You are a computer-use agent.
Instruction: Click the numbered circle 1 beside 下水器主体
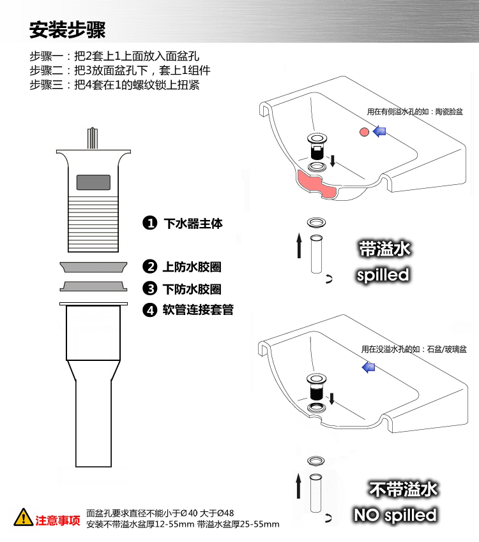click(149, 223)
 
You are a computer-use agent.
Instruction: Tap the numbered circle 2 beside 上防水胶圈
click(149, 266)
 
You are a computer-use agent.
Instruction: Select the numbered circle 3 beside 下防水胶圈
click(149, 288)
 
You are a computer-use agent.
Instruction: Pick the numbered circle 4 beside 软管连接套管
click(149, 310)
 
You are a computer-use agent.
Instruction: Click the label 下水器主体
click(194, 223)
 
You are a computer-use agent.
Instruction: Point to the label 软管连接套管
click(198, 310)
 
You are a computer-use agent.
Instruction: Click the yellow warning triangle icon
click(23, 517)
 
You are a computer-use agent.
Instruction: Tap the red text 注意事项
click(57, 520)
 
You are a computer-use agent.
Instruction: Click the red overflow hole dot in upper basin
click(363, 132)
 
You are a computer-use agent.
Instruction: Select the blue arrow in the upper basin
click(379, 131)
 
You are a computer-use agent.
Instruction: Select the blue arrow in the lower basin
click(368, 367)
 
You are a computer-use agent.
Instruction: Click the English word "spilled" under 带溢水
click(383, 275)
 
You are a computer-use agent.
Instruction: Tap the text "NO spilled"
click(395, 515)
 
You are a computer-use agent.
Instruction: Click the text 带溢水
click(384, 249)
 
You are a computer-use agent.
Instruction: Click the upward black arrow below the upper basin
click(299, 245)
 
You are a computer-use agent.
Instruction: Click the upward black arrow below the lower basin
click(299, 487)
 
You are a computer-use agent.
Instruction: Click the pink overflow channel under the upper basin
click(319, 185)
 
